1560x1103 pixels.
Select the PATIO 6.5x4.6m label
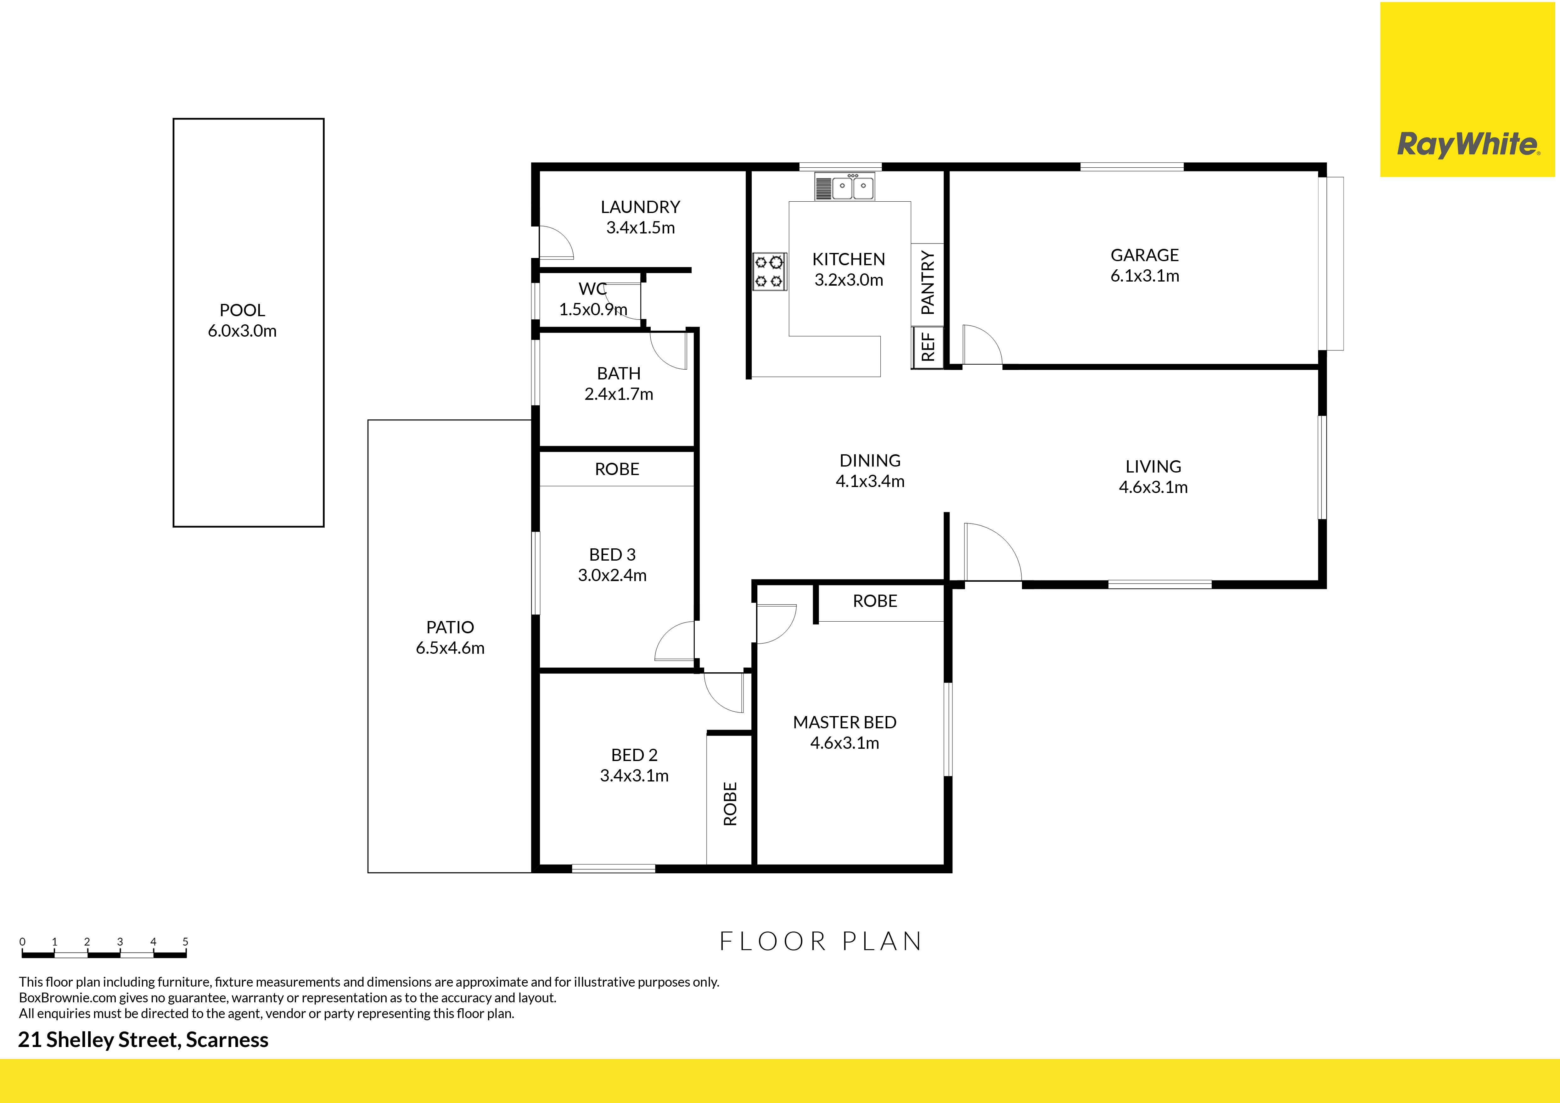point(450,637)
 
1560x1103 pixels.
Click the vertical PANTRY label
point(928,283)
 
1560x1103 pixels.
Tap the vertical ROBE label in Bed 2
point(730,803)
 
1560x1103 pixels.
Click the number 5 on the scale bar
point(186,941)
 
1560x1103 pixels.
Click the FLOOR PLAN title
point(821,941)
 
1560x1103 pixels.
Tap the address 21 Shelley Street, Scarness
point(143,1040)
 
